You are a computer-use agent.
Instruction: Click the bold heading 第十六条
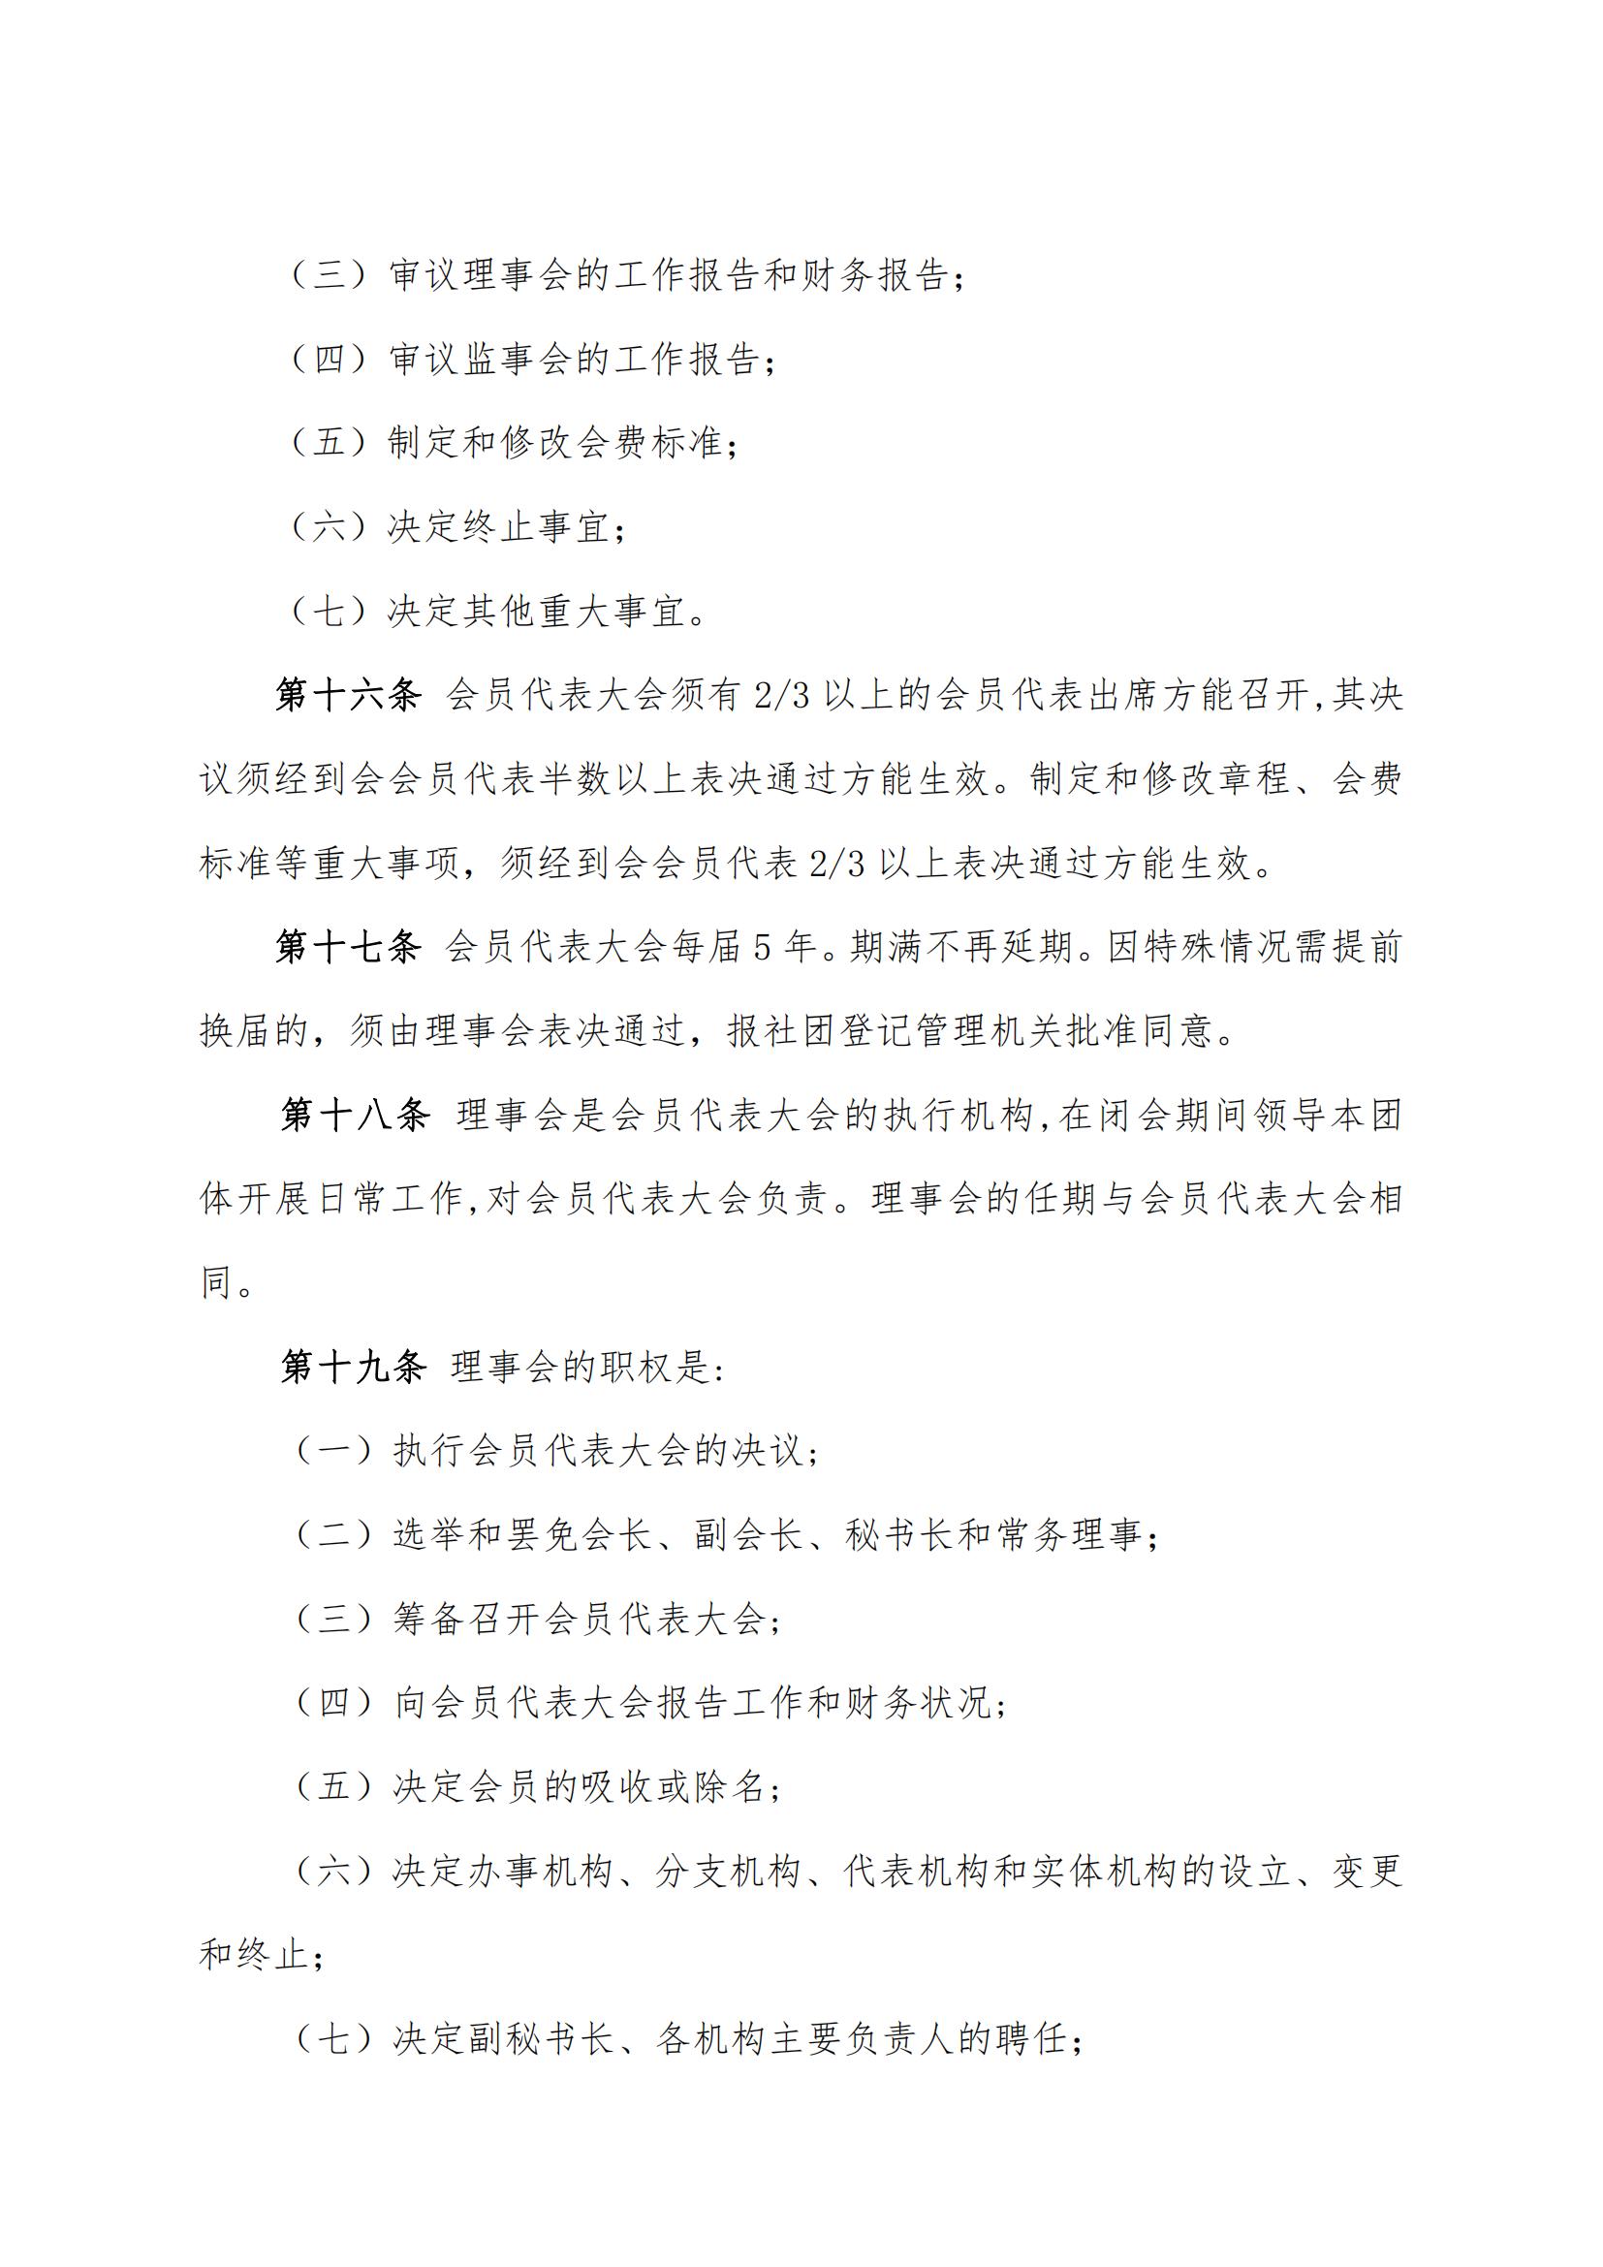click(x=348, y=695)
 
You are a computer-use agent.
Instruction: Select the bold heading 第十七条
click(x=348, y=947)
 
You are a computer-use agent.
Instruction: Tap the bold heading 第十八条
click(x=355, y=1115)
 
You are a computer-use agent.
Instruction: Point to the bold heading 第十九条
click(x=353, y=1367)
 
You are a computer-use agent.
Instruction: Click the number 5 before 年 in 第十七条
click(x=761, y=948)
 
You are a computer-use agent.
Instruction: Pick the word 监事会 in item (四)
click(x=502, y=360)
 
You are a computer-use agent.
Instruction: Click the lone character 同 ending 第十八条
click(x=216, y=1282)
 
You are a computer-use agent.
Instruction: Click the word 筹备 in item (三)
click(x=431, y=1619)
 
